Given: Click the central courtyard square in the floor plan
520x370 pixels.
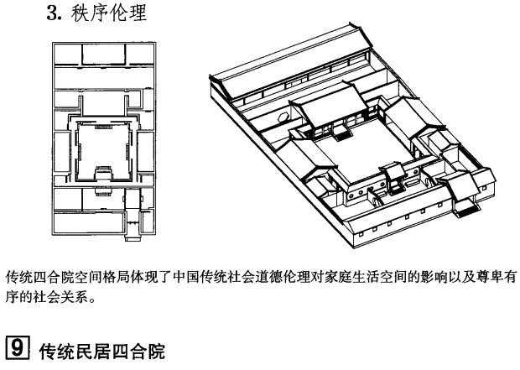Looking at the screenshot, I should coord(100,148).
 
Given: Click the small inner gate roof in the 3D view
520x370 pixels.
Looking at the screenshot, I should coord(391,168).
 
